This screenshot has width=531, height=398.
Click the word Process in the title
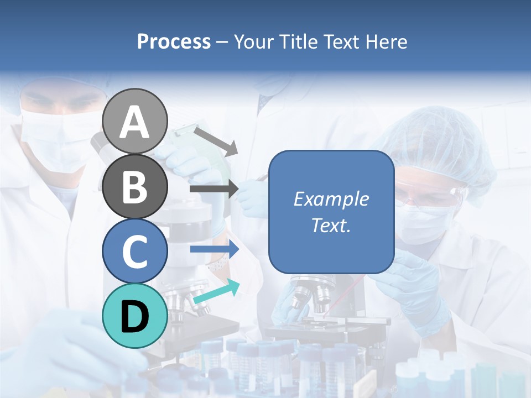coord(174,42)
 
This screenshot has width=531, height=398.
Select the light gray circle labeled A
coord(135,122)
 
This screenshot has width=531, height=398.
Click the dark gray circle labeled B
coord(135,186)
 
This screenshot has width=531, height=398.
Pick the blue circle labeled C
coord(135,250)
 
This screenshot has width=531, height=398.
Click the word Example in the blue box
coord(331,199)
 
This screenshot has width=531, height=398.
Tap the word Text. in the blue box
coord(331,225)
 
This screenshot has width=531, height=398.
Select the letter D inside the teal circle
coord(135,317)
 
